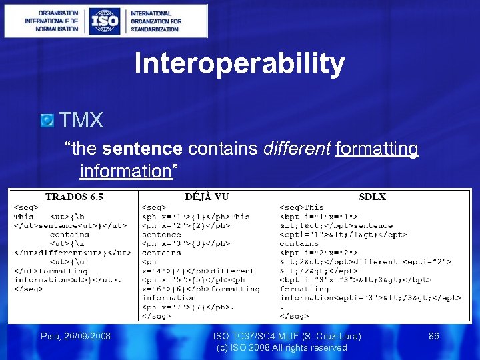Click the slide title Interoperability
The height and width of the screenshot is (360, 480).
click(x=239, y=64)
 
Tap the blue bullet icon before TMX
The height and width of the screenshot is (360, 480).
click(x=47, y=121)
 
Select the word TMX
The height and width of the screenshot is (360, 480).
click(x=81, y=121)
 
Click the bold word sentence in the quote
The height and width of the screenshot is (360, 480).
click(x=143, y=148)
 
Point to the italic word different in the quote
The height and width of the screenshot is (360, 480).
click(x=297, y=148)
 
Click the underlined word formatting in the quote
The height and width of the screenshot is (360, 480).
click(x=377, y=148)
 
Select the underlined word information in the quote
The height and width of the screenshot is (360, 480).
click(x=125, y=171)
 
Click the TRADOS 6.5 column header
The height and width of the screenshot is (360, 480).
click(x=74, y=197)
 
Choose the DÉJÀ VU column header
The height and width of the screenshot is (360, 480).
click(x=206, y=197)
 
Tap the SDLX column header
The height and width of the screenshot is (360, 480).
click(x=372, y=197)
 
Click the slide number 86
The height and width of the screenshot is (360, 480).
click(x=433, y=337)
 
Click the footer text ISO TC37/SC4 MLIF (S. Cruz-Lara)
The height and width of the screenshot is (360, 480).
click(x=282, y=337)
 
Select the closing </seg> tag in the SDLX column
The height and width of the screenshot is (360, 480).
click(x=294, y=316)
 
